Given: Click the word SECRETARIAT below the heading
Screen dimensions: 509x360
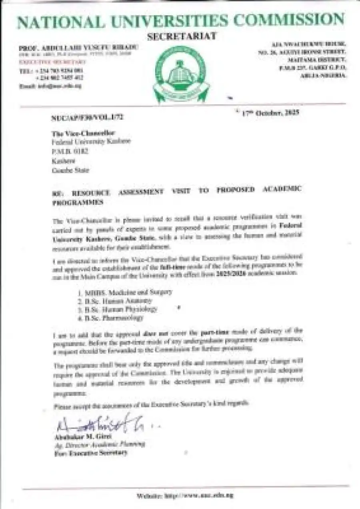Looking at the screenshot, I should [x=182, y=36].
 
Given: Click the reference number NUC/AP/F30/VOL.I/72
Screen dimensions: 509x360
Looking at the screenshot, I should [x=87, y=118].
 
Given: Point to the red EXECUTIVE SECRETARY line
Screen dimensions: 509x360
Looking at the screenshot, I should [x=52, y=62].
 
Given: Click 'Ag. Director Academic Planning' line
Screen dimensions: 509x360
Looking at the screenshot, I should [x=99, y=444].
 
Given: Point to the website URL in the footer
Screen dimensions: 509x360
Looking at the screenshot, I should [x=185, y=495].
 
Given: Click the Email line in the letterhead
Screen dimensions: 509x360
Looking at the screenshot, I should [x=50, y=86].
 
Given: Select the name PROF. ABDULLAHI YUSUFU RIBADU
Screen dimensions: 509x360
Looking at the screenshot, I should [x=78, y=48].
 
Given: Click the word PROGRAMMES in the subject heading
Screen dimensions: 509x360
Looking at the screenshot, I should [x=78, y=202].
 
